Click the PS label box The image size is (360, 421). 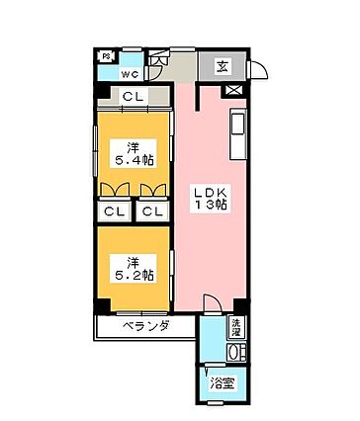point(107,55)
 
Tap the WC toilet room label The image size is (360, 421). point(131,73)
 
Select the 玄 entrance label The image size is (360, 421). point(223,67)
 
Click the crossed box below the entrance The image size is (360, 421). point(233,90)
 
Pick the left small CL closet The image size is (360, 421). point(115,210)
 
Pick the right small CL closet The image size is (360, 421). point(151,210)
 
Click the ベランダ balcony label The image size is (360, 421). point(145,326)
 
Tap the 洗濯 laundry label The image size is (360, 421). point(236,325)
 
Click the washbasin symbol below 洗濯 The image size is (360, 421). point(235,349)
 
